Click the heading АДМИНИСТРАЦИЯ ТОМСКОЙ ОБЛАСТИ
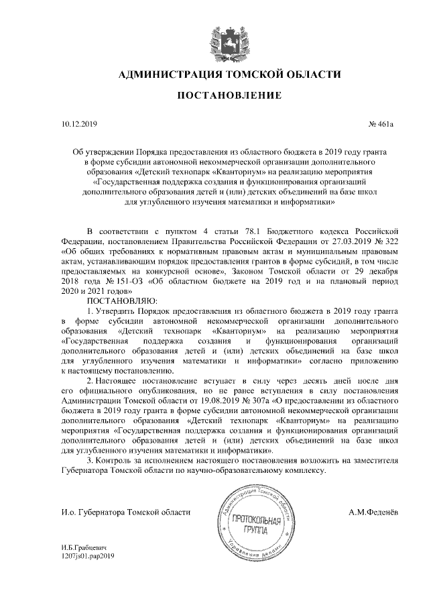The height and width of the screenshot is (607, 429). click(x=225, y=74)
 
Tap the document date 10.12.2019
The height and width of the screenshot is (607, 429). click(x=79, y=125)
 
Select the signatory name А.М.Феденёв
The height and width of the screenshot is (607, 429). click(x=373, y=512)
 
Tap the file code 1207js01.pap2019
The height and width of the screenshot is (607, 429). click(x=88, y=557)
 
